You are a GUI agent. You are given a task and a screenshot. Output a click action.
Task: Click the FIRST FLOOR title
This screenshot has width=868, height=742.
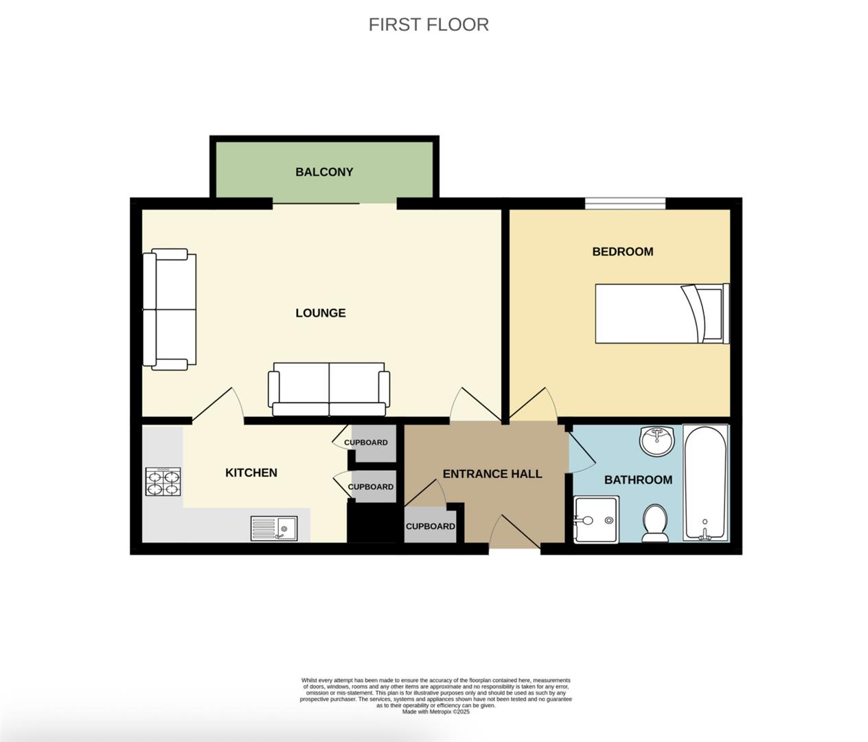429,25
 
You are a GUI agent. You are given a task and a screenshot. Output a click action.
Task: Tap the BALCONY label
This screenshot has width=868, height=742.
324,172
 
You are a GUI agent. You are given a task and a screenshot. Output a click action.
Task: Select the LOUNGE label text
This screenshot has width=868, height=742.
320,313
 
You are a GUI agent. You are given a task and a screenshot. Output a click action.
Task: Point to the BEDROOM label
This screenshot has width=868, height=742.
622,251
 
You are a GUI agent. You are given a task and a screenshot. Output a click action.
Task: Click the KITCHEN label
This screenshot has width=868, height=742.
251,473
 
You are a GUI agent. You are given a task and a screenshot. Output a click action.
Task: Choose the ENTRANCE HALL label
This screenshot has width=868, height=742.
492,474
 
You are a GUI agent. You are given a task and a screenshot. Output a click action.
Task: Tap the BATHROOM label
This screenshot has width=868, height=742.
638,480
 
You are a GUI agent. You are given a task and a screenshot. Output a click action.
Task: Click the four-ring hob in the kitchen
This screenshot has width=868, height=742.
163,482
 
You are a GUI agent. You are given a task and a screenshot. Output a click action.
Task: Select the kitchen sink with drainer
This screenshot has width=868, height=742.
274,528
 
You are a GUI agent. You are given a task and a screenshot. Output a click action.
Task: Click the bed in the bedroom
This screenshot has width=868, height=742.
661,313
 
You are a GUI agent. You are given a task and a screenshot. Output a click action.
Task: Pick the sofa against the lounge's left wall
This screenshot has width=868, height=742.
169,310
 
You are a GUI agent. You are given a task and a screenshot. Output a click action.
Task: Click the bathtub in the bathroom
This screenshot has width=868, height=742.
705,483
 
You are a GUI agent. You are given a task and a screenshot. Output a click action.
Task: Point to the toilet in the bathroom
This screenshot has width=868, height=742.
654,523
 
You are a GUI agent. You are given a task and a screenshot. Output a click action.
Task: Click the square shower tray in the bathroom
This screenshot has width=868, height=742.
596,520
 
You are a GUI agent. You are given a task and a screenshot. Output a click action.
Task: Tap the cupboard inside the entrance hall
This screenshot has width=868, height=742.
430,526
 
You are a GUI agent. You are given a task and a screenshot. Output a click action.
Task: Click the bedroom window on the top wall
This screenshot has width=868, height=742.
625,203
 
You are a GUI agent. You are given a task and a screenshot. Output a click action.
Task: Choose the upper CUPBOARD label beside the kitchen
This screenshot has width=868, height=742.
366,442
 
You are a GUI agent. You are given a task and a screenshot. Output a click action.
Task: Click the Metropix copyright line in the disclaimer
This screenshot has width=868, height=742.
435,712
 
